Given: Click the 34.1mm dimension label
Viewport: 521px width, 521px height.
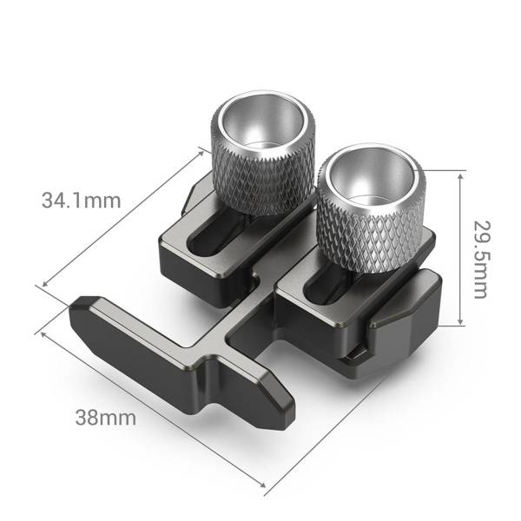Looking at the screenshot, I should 80,200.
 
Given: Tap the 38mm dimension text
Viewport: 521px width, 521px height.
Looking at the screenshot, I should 106,418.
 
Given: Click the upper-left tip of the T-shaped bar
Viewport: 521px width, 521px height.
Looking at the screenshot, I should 82,307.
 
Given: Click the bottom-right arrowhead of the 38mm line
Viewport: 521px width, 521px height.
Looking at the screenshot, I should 264,486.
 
